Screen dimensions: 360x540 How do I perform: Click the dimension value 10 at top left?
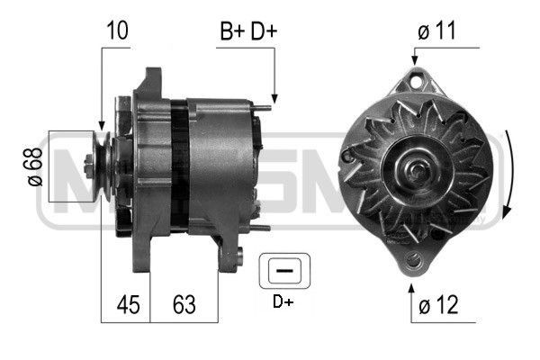click(116, 30)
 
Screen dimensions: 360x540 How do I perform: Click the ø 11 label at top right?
click(438, 30)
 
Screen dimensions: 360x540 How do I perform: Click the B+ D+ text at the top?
click(248, 30)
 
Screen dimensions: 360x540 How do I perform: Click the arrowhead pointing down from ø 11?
click(415, 61)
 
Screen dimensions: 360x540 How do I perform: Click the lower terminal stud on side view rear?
click(261, 228)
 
